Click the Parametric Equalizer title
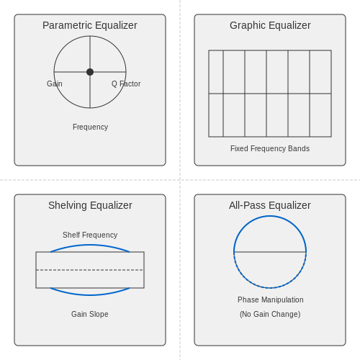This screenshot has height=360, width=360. tap(90, 25)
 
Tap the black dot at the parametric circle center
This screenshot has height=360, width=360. tap(90, 72)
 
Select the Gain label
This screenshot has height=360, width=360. tap(55, 84)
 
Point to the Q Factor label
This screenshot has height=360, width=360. tap(126, 84)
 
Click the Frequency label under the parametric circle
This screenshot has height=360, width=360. tap(90, 127)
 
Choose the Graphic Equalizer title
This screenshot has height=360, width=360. tap(270, 25)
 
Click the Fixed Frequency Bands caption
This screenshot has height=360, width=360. tap(270, 148)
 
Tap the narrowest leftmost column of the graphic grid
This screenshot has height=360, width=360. tap(216, 94)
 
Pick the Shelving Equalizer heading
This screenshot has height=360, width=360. tap(90, 205)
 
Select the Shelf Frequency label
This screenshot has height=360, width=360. tap(90, 235)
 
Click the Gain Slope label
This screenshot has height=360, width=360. tap(90, 314)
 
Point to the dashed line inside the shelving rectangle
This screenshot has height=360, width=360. tap(90, 270)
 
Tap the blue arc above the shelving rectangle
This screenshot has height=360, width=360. tap(90, 245)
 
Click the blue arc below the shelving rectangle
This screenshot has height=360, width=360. tap(90, 294)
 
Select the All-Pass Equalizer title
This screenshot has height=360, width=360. tap(270, 205)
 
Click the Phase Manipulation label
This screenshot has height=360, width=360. tap(271, 300)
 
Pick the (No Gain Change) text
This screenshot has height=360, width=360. tap(270, 314)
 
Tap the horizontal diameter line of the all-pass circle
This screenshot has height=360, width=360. tap(270, 252)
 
